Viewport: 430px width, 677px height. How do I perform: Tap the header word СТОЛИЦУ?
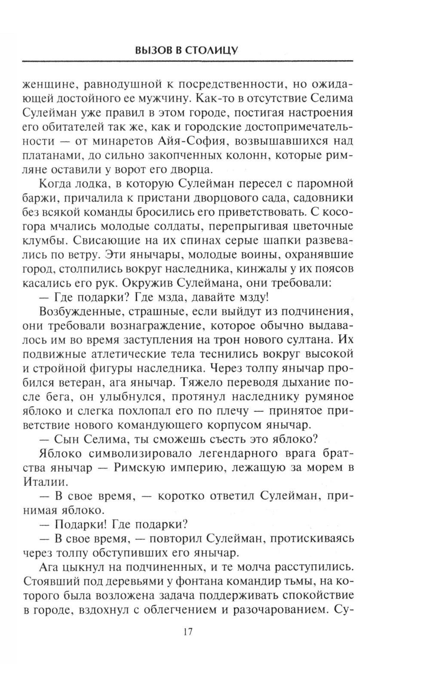[212, 51]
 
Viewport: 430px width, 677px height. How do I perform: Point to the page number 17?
[187, 632]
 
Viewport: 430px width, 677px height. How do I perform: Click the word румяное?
[329, 396]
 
